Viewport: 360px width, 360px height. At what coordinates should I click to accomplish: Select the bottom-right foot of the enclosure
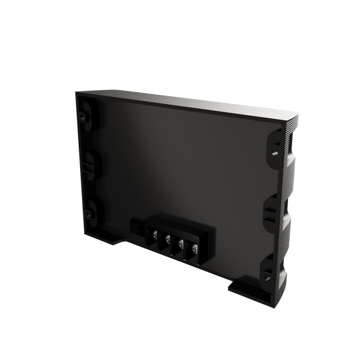tap(242, 288)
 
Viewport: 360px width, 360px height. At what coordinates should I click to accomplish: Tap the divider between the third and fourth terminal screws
tap(188, 249)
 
